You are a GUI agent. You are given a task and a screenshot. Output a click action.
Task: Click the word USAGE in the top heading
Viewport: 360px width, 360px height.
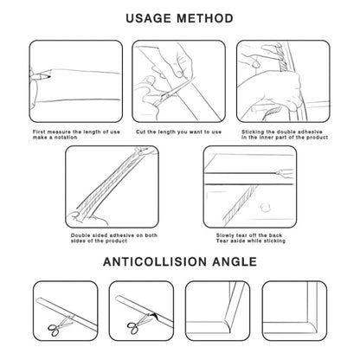[x=148, y=18]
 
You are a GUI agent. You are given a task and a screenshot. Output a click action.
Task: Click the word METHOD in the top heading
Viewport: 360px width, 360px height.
[x=205, y=18]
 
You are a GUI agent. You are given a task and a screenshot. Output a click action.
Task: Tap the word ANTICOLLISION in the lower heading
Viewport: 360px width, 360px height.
[x=155, y=262]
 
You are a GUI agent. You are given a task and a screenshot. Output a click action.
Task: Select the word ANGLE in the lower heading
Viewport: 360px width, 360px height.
[x=235, y=262]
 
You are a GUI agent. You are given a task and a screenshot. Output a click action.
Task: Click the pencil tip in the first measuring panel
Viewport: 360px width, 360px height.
[x=49, y=77]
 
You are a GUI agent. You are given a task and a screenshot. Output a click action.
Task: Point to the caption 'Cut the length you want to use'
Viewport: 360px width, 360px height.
[x=178, y=132]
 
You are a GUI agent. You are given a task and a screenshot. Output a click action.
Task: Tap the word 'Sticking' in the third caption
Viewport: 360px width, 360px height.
[x=253, y=132]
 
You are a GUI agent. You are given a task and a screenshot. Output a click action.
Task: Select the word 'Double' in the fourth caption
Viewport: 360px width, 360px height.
[x=80, y=235]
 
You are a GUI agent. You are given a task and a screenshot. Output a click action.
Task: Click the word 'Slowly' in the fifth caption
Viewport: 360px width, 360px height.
[x=225, y=235]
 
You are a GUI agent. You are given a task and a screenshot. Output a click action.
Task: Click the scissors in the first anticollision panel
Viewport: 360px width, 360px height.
[x=60, y=326]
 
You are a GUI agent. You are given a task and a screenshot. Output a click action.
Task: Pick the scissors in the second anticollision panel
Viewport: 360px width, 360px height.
[x=138, y=325]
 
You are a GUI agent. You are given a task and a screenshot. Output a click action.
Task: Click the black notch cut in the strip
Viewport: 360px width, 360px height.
[x=156, y=316]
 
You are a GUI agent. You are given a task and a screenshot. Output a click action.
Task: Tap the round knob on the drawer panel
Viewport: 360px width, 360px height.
[x=265, y=207]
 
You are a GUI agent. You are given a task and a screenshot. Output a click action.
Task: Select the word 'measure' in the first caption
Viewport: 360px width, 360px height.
[x=59, y=132]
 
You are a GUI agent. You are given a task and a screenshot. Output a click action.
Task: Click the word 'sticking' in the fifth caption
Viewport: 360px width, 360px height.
[x=274, y=241]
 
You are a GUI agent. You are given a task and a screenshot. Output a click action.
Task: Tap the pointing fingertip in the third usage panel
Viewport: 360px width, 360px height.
[x=255, y=64]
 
